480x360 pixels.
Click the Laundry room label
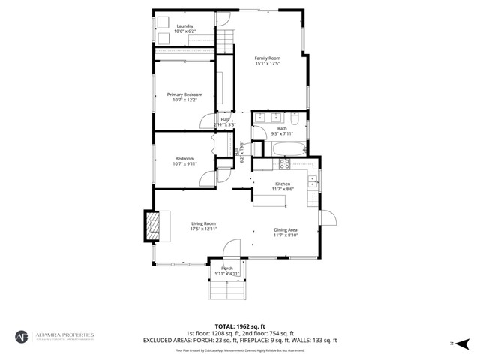[184, 26]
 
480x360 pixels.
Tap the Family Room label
[267, 58]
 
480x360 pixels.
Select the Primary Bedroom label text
[184, 94]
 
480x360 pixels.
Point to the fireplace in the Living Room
[153, 226]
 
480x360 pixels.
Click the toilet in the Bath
[295, 118]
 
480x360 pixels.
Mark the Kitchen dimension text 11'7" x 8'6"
[283, 190]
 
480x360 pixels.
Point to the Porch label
[226, 268]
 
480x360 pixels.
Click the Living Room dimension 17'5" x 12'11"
[203, 229]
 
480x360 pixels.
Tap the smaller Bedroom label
[184, 158]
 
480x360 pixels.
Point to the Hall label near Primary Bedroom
[224, 119]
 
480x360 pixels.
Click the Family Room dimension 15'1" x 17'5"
[267, 64]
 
